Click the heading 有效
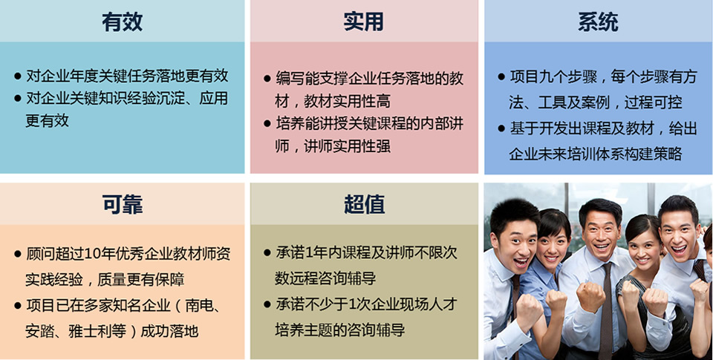click(x=122, y=22)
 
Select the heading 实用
click(x=363, y=22)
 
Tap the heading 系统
click(x=598, y=22)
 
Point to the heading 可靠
click(x=122, y=205)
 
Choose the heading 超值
click(x=364, y=205)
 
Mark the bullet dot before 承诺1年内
click(x=267, y=252)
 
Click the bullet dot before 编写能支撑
click(x=267, y=79)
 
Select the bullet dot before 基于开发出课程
click(x=501, y=128)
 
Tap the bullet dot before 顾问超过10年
click(x=18, y=254)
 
